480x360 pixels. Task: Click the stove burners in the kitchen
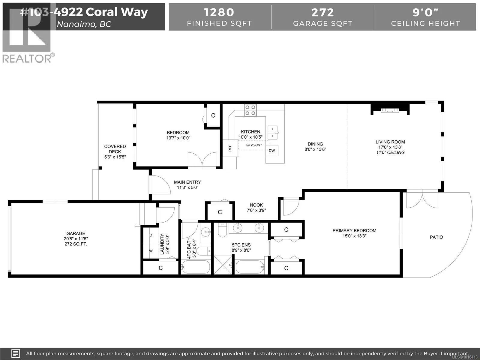click(x=250, y=110)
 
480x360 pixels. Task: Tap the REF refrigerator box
click(x=230, y=148)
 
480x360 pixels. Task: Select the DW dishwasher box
click(x=272, y=151)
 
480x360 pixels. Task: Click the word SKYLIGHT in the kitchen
click(x=254, y=145)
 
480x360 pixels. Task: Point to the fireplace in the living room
click(x=390, y=110)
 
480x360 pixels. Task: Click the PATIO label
click(x=436, y=237)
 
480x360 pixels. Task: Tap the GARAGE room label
click(x=76, y=233)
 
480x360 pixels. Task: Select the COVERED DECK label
click(x=115, y=149)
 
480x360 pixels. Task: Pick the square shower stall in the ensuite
click(x=223, y=265)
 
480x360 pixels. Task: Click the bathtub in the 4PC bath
click(x=196, y=267)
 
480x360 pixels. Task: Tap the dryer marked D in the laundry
click(x=151, y=235)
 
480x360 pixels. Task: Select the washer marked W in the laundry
click(x=151, y=251)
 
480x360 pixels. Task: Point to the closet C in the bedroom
click(x=213, y=115)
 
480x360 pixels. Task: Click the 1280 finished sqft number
click(x=219, y=12)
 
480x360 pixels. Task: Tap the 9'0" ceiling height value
click(x=425, y=12)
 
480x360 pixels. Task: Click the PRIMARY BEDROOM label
click(x=354, y=230)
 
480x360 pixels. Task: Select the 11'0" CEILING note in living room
click(x=390, y=152)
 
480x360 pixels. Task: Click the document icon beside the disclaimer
click(x=16, y=353)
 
